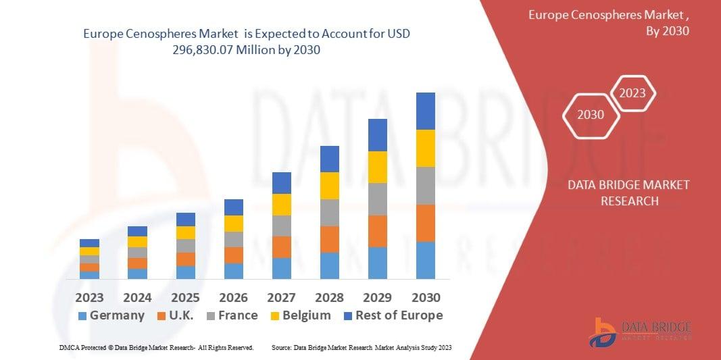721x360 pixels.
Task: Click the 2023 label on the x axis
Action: click(x=89, y=298)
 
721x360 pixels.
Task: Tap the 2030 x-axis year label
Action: click(x=426, y=298)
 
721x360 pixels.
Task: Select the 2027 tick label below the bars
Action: click(x=281, y=298)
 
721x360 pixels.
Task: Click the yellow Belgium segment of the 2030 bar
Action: click(x=426, y=148)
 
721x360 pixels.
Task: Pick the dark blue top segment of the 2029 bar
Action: click(x=378, y=135)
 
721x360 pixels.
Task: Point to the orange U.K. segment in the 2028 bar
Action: click(x=330, y=239)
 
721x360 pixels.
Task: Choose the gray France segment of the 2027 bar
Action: click(x=282, y=226)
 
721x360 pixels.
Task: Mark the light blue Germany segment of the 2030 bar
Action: click(x=426, y=260)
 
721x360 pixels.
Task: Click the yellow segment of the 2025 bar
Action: click(x=186, y=232)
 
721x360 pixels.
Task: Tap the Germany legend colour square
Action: click(x=82, y=316)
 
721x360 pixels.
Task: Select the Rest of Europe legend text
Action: click(x=399, y=315)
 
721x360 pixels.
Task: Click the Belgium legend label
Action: click(x=306, y=315)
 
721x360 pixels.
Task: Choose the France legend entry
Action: click(x=237, y=315)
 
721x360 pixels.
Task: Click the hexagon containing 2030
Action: click(x=590, y=115)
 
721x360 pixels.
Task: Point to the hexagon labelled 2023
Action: click(x=632, y=93)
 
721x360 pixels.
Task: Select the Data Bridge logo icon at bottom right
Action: click(x=603, y=332)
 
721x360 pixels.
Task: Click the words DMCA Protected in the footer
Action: click(x=79, y=347)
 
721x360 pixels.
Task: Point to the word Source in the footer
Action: click(x=281, y=347)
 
